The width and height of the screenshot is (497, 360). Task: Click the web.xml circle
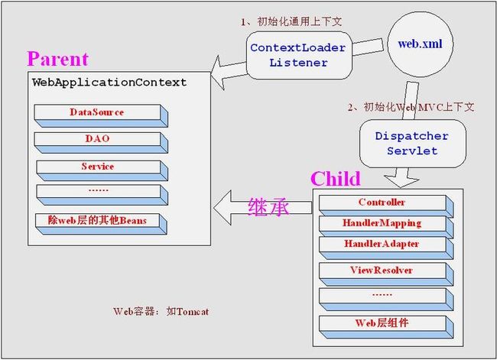421,44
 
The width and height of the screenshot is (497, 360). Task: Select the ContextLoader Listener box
299,55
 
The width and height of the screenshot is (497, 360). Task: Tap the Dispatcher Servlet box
412,144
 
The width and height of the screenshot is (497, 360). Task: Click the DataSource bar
101,116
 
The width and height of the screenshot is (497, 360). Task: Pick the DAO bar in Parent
101,143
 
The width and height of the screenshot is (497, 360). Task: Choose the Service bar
102,170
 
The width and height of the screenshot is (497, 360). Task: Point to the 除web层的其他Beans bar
101,224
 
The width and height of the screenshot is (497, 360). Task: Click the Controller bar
386,206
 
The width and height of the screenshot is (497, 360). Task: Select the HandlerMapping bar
386,227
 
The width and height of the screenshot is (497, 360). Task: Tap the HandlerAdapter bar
386,248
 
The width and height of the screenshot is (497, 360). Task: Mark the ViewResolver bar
386,274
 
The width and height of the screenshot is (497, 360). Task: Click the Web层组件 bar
386,327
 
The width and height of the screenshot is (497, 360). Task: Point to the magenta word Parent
57,59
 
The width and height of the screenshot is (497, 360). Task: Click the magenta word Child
336,178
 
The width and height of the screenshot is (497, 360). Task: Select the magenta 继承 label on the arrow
268,207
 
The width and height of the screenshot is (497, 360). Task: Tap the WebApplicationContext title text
109,83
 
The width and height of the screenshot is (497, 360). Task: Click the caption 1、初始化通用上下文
291,21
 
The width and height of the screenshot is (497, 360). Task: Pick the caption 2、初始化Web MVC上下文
411,107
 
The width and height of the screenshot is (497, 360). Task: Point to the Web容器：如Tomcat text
161,311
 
